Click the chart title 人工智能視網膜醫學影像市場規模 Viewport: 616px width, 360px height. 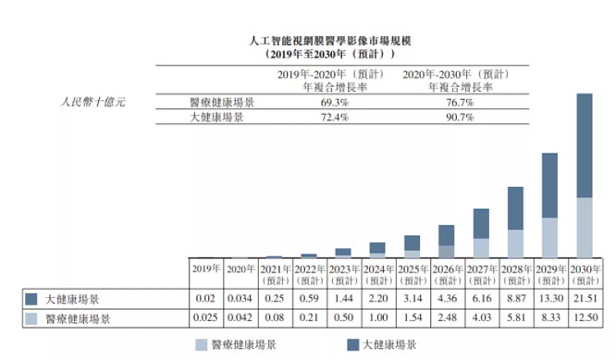[x=330, y=41]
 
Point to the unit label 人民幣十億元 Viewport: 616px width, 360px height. [x=92, y=102]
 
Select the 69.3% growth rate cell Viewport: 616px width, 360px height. [x=335, y=103]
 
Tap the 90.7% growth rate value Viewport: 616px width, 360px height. [x=460, y=118]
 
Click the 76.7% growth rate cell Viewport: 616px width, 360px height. [x=460, y=103]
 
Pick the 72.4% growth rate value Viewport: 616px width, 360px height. [x=335, y=118]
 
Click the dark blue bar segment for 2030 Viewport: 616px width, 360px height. [x=585, y=145]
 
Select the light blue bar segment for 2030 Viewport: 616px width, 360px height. [x=585, y=228]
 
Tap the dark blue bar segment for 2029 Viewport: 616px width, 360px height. [x=549, y=185]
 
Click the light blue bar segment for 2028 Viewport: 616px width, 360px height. [x=515, y=243]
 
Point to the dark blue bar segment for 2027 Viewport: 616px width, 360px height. [x=481, y=224]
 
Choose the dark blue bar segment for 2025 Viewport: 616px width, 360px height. [x=413, y=243]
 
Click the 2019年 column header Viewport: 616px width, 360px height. [x=206, y=268]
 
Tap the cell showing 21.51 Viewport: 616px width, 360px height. [x=585, y=299]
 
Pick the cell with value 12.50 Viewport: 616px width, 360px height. [x=585, y=317]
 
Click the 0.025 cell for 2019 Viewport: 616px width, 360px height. [x=205, y=317]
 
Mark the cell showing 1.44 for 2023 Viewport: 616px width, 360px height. [x=344, y=299]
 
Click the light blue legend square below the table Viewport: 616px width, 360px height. [x=201, y=345]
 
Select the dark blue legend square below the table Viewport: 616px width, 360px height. [x=352, y=345]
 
